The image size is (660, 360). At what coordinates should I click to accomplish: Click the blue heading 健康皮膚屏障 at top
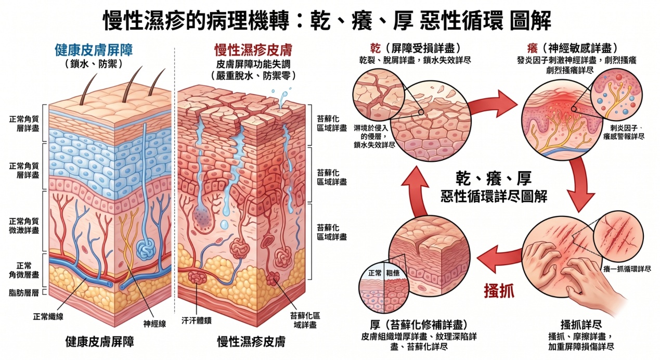pos(94,50)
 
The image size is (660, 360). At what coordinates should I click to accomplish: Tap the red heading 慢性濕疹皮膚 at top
pos(253,50)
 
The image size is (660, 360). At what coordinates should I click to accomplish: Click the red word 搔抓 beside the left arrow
pos(499,290)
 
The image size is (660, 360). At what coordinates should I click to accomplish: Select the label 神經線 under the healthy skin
pos(154,324)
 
